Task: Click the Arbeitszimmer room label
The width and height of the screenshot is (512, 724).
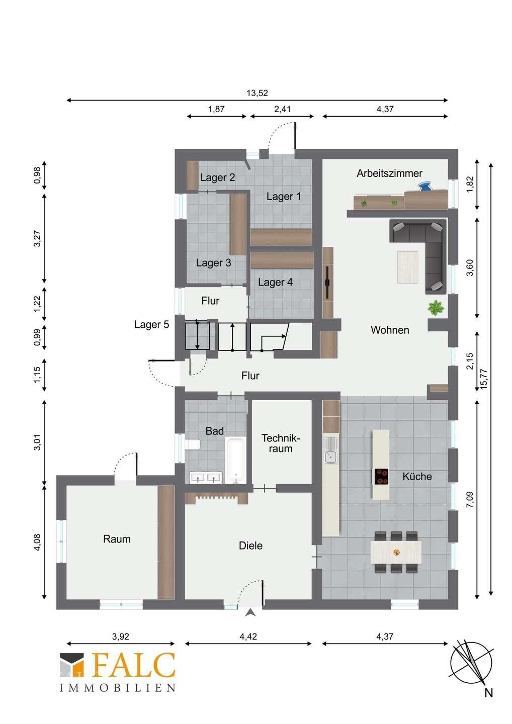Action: (389, 173)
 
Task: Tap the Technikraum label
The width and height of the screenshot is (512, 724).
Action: (280, 443)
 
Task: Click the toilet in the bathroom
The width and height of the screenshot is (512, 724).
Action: (193, 444)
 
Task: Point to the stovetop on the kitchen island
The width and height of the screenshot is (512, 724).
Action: (381, 477)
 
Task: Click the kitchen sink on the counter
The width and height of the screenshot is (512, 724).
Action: (331, 450)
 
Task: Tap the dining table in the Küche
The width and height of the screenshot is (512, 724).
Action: (396, 552)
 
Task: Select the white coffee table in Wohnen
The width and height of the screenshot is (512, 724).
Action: (407, 267)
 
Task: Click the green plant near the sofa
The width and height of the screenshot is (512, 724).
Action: (436, 308)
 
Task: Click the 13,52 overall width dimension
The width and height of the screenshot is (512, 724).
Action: (258, 93)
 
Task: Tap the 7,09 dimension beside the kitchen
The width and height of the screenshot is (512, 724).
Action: (470, 499)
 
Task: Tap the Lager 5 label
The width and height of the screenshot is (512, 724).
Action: (151, 324)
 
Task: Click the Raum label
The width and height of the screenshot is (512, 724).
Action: (117, 539)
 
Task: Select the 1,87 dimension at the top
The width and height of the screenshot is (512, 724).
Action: (216, 109)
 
